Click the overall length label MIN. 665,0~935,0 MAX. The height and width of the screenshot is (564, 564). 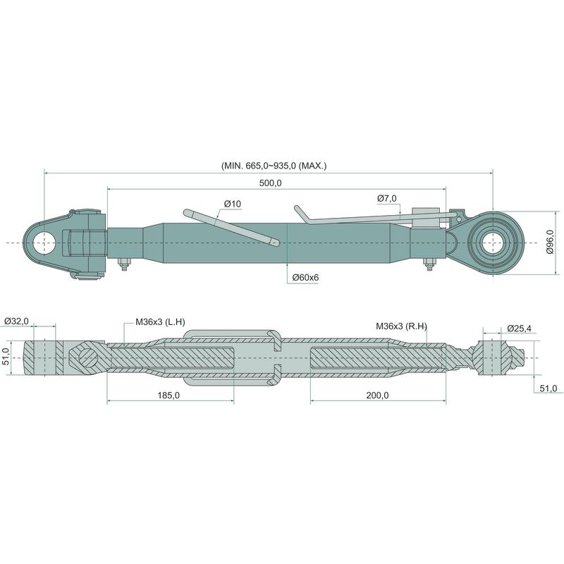pyautogui.click(x=274, y=166)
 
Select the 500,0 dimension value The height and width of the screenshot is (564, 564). pyautogui.click(x=271, y=183)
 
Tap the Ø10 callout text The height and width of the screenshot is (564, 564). pyautogui.click(x=233, y=204)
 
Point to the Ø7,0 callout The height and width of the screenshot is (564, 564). pyautogui.click(x=386, y=198)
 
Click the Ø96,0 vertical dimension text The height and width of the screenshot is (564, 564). pyautogui.click(x=551, y=242)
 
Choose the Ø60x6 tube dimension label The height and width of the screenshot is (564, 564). pyautogui.click(x=305, y=277)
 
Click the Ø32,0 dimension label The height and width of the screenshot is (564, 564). pyautogui.click(x=16, y=321)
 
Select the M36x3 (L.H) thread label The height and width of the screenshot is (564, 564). pyautogui.click(x=160, y=322)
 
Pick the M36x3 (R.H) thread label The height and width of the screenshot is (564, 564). pyautogui.click(x=401, y=326)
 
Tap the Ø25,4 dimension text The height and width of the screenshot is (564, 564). pyautogui.click(x=519, y=328)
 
